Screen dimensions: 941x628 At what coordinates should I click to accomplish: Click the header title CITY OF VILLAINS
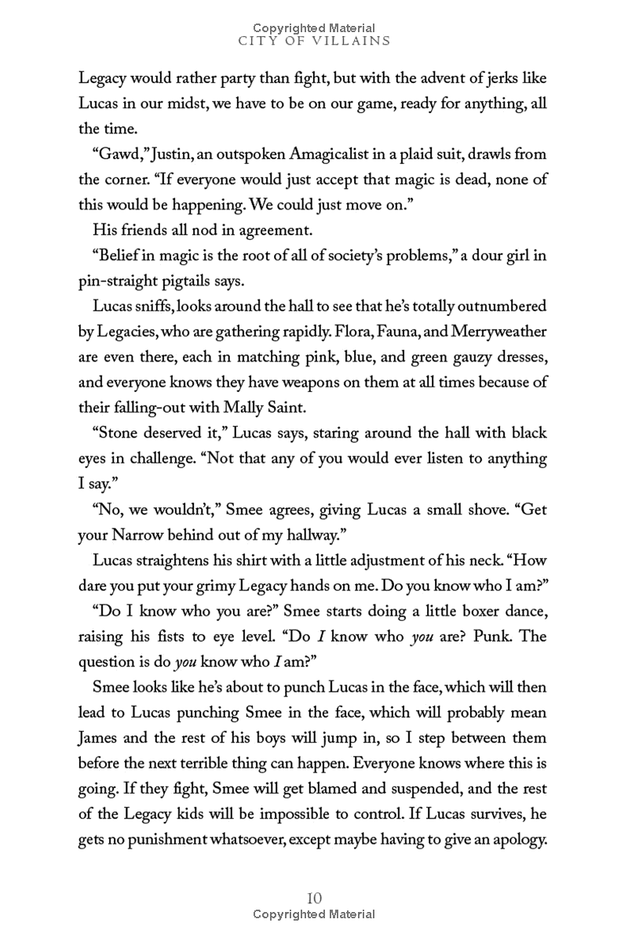coord(313,41)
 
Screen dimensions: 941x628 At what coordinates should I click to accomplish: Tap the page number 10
coord(313,898)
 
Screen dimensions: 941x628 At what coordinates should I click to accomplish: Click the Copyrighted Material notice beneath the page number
coord(313,914)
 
